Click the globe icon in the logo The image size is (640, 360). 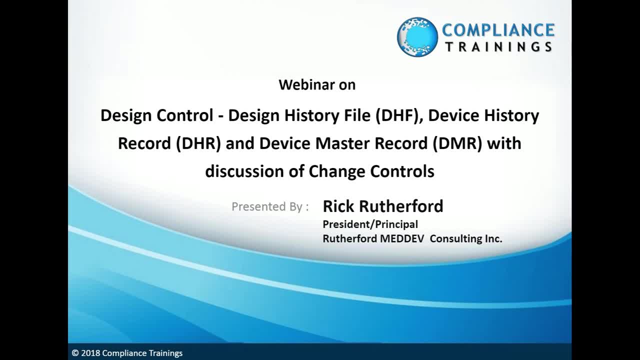coord(417,37)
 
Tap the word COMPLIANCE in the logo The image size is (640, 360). coord(498,30)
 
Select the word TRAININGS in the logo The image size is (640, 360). coord(499,47)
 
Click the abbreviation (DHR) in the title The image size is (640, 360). coord(198,143)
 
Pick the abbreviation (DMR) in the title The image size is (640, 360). coord(457,143)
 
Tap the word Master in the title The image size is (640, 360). coord(342,143)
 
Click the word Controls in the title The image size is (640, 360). coord(402,171)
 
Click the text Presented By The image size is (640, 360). coord(267,206)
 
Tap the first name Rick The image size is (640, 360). coord(338,206)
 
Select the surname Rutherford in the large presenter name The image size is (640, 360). coord(401,206)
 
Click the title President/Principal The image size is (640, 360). coord(370,224)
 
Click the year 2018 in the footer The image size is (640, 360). coord(90,353)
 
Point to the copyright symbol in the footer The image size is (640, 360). coord(75,353)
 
